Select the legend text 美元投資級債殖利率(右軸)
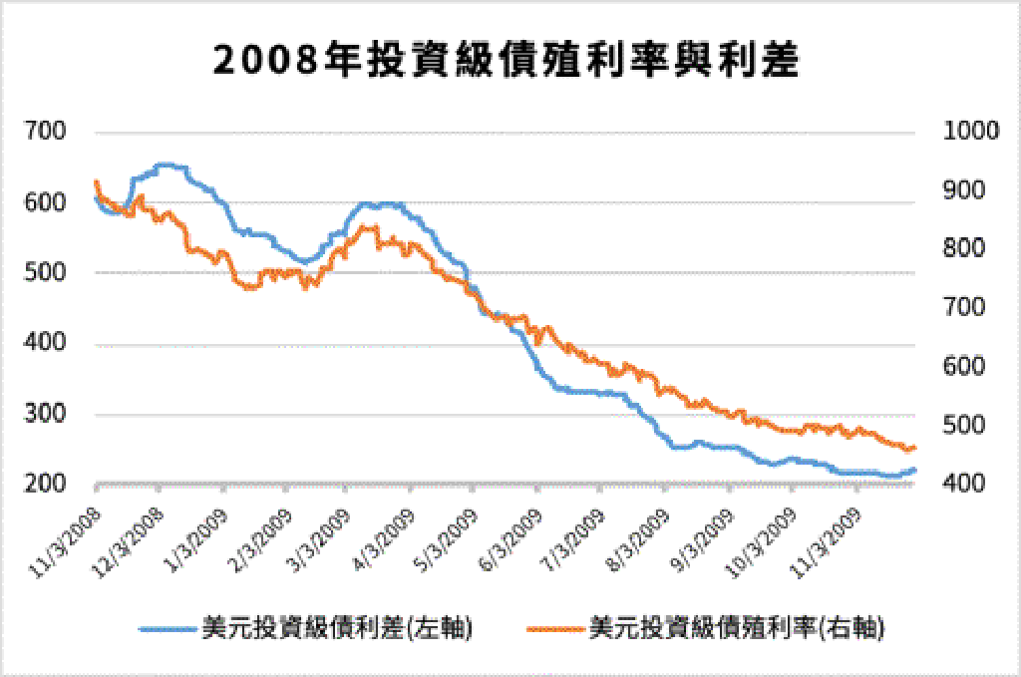737,628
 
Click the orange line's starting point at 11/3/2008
96,182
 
